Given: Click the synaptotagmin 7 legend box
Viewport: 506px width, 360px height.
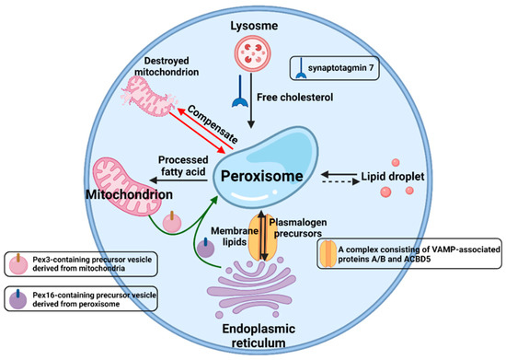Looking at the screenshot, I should (x=326, y=66).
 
